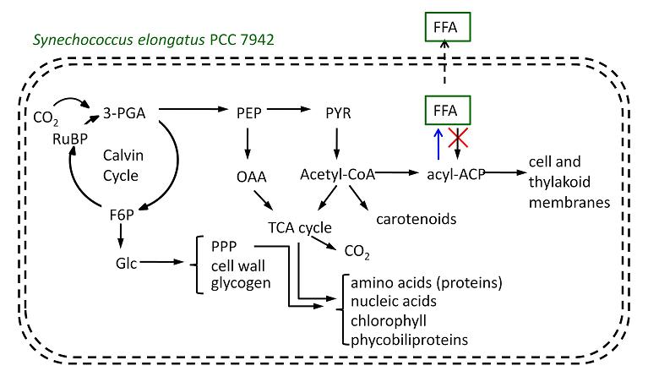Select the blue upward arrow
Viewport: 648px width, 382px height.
click(x=436, y=145)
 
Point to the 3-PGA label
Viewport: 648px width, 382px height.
click(x=120, y=111)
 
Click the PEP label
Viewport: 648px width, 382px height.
click(x=248, y=111)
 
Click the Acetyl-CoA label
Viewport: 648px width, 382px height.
click(x=337, y=175)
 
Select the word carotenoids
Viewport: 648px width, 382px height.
click(x=416, y=219)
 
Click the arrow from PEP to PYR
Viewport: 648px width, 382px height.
click(x=292, y=110)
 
